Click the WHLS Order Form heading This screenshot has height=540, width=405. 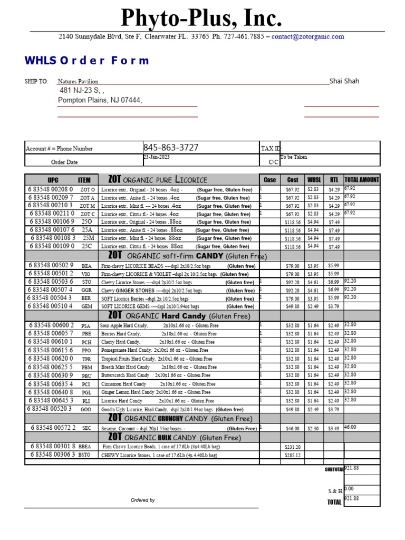click(x=86, y=61)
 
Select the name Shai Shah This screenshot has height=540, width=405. click(x=344, y=81)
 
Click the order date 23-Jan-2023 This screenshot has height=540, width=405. click(x=157, y=157)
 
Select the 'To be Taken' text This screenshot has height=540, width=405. click(x=294, y=157)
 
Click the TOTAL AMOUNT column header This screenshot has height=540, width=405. click(x=361, y=180)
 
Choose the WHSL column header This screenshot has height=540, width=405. click(x=314, y=180)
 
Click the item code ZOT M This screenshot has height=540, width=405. click(x=88, y=206)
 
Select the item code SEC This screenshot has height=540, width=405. click(x=87, y=428)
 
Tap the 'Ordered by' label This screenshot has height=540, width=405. click(x=143, y=500)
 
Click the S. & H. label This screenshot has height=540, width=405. click(x=335, y=491)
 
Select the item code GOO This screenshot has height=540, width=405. click(x=86, y=409)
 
